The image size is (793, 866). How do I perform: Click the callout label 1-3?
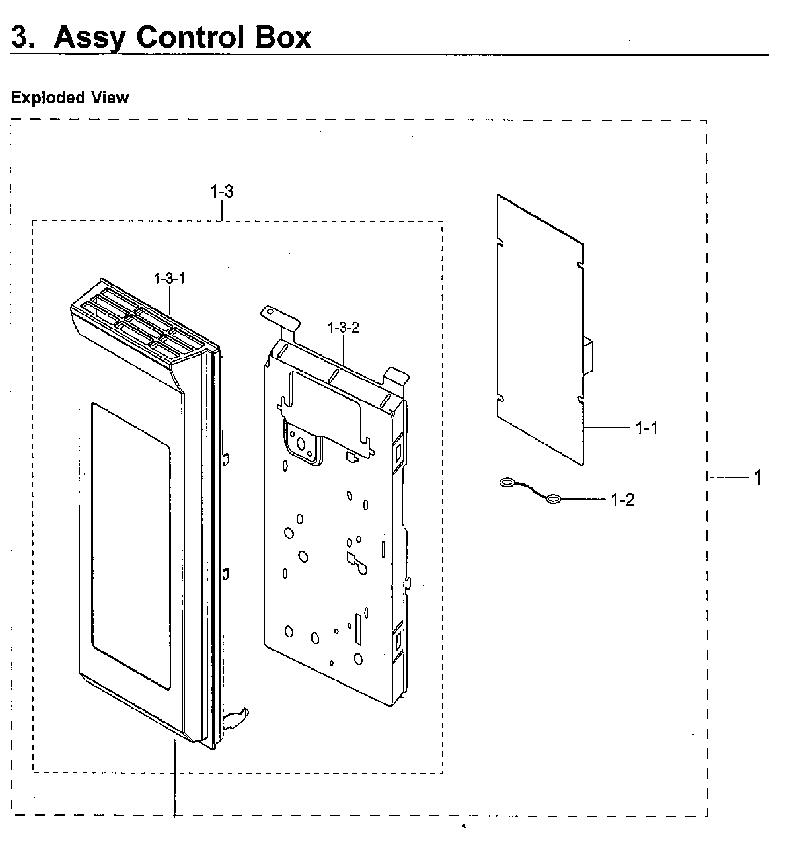pyautogui.click(x=222, y=192)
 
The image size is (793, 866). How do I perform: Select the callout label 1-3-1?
pyautogui.click(x=170, y=279)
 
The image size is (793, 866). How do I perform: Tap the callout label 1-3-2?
pyautogui.click(x=344, y=328)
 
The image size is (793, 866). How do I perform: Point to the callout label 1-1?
pyautogui.click(x=647, y=428)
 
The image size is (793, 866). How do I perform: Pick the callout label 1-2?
pyautogui.click(x=623, y=500)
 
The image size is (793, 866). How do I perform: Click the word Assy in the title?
pyautogui.click(x=88, y=37)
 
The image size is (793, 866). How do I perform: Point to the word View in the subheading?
pyautogui.click(x=110, y=97)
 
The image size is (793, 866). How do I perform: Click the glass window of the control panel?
pyautogui.click(x=130, y=546)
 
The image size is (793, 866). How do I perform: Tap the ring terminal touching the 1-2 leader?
pyautogui.click(x=552, y=500)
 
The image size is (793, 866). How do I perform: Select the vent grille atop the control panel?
pyautogui.click(x=145, y=322)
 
